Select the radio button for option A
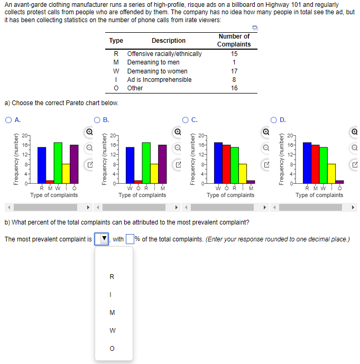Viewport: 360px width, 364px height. pyautogui.click(x=8, y=120)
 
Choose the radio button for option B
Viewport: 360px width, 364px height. pyautogui.click(x=97, y=120)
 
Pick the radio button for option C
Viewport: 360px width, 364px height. pyautogui.click(x=186, y=120)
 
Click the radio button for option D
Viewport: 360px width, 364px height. pyautogui.click(x=274, y=120)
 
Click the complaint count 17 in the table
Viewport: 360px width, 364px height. pyautogui.click(x=234, y=71)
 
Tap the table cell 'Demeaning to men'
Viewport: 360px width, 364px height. pyautogui.click(x=153, y=62)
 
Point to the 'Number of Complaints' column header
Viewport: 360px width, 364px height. pyautogui.click(x=234, y=40)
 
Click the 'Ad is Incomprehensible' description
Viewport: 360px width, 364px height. pyautogui.click(x=159, y=80)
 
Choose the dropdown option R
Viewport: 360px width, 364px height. pyautogui.click(x=112, y=277)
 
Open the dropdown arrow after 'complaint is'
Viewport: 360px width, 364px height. pyautogui.click(x=104, y=239)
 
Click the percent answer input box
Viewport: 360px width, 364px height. pyautogui.click(x=130, y=239)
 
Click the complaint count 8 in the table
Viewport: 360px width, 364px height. pyautogui.click(x=234, y=80)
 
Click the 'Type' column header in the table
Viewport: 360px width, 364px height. pyautogui.click(x=116, y=41)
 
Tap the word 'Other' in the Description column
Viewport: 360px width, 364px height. pyautogui.click(x=135, y=88)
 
